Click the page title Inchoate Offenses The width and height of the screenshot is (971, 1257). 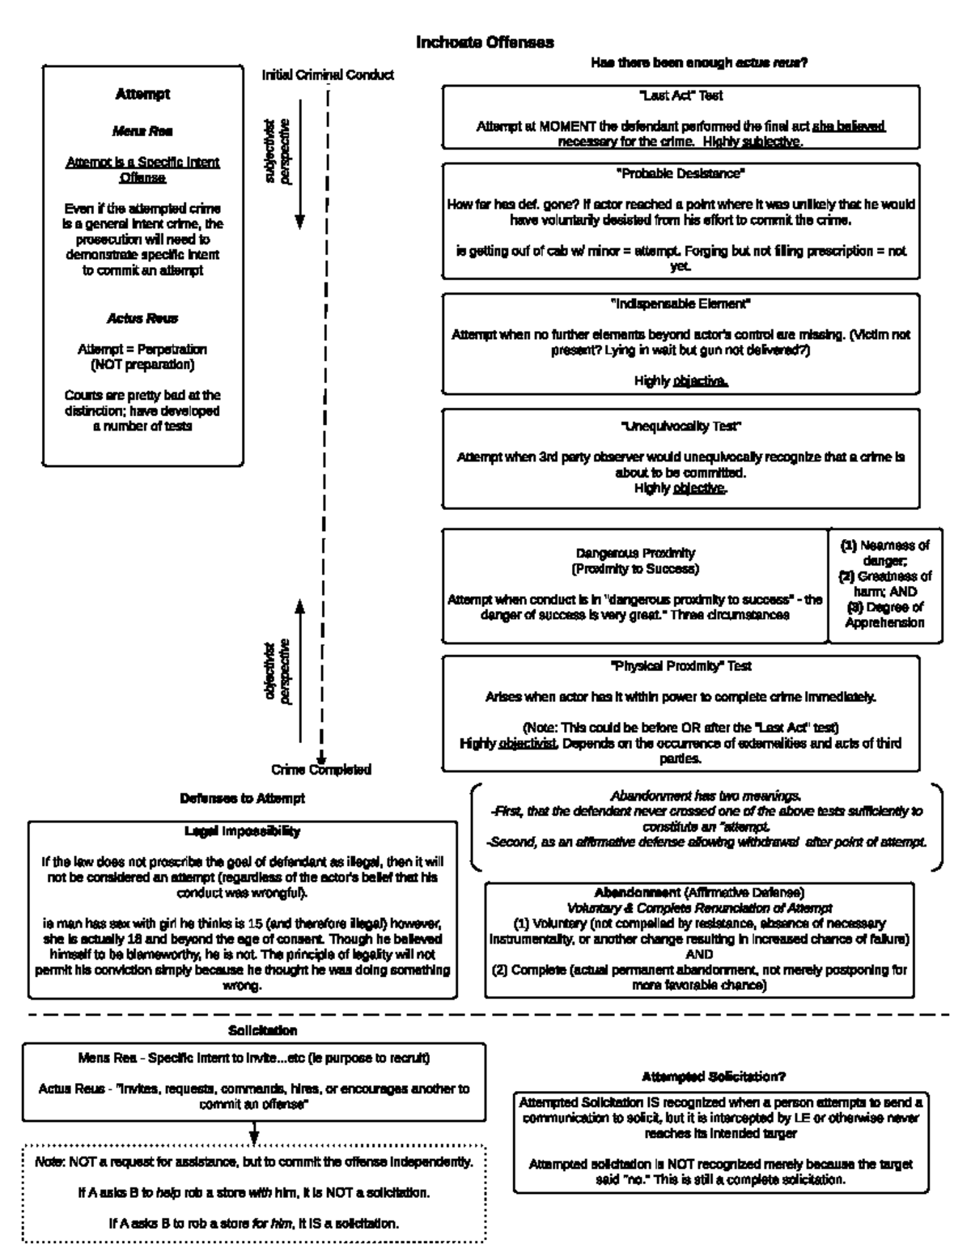click(x=485, y=42)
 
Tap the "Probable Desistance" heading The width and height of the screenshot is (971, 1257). click(x=681, y=173)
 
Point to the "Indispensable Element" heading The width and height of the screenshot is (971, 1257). click(x=681, y=304)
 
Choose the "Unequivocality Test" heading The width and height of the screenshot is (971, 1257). click(x=681, y=426)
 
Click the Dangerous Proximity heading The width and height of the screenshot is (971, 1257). click(x=635, y=553)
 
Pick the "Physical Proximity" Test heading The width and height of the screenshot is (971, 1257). click(x=681, y=666)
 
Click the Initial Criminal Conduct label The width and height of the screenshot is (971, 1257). click(x=328, y=74)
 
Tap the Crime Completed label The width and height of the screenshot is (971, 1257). click(x=321, y=770)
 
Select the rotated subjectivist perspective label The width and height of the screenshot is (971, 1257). click(x=278, y=151)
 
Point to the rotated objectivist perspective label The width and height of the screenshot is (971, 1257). click(x=278, y=672)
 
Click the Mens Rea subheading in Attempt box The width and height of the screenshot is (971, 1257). click(x=142, y=130)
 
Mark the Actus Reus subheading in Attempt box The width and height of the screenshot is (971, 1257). click(x=142, y=318)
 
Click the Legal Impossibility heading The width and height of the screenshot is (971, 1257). click(x=242, y=831)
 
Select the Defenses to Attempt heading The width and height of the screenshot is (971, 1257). click(x=242, y=798)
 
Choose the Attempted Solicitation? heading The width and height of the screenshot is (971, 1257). click(x=714, y=1077)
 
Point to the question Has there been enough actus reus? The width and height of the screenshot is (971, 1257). click(x=699, y=62)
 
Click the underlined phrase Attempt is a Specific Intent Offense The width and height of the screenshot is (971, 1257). click(x=142, y=169)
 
